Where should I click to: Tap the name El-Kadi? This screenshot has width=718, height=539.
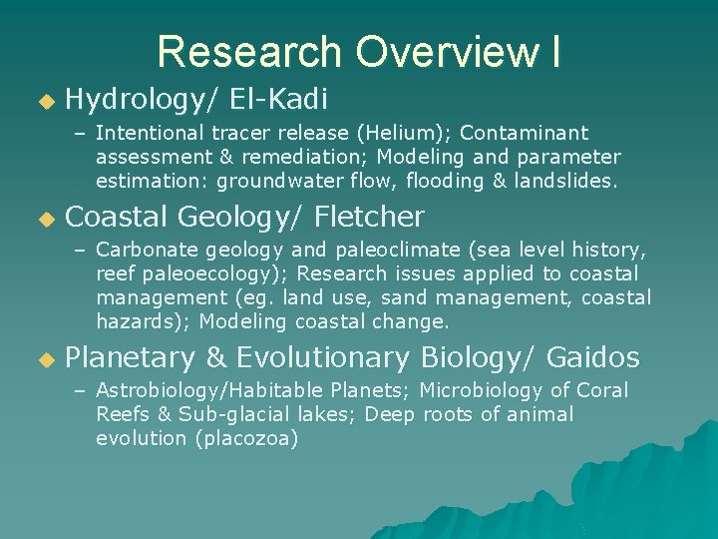[279, 99]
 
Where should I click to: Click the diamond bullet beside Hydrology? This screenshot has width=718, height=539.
[43, 101]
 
